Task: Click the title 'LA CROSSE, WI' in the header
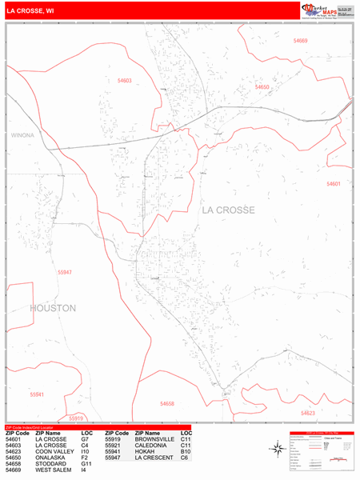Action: tap(31, 12)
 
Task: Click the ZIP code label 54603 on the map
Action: tap(124, 80)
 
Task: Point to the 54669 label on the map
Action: tap(300, 40)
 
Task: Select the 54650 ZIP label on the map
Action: tap(262, 86)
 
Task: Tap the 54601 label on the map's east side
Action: tap(334, 184)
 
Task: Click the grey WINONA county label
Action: tap(22, 135)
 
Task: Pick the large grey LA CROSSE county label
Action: tap(228, 210)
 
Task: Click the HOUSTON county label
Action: tap(53, 307)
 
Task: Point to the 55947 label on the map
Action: tap(65, 272)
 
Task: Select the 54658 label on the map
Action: tap(166, 404)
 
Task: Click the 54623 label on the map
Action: tap(308, 413)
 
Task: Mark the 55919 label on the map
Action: tap(76, 418)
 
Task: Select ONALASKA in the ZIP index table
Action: tap(47, 457)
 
